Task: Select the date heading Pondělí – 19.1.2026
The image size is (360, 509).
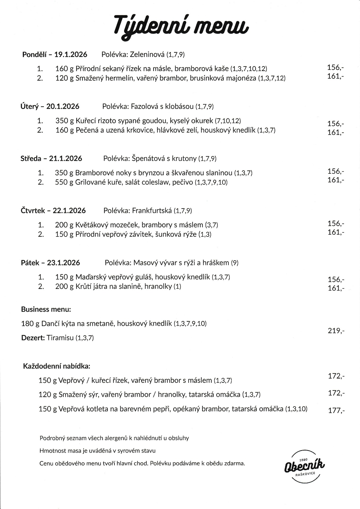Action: (55, 55)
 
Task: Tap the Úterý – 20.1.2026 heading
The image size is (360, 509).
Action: (50, 107)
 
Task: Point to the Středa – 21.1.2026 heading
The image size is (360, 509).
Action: (51, 159)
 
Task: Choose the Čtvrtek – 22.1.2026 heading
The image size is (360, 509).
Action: (53, 211)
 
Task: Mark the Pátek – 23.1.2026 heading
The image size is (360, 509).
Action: (50, 263)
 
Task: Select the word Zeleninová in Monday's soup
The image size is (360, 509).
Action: (147, 55)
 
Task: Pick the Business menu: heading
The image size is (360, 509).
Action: (46, 309)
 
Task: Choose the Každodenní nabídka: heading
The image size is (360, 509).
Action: (57, 366)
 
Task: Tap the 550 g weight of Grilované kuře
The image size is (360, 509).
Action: (64, 182)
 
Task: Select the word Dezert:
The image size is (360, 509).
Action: (33, 338)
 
